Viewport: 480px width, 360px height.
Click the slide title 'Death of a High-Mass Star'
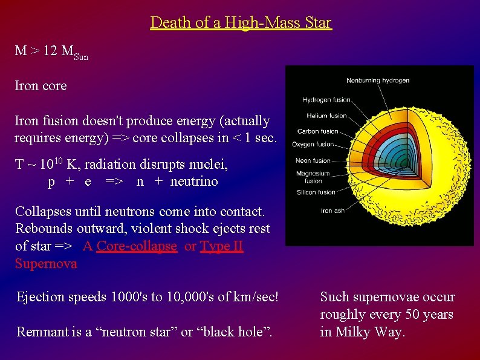(x=241, y=23)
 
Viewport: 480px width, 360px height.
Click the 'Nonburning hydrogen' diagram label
(x=378, y=80)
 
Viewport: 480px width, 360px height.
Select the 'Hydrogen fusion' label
(x=326, y=100)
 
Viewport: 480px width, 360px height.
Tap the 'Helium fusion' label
(x=326, y=116)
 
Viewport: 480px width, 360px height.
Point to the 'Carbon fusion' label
(x=317, y=131)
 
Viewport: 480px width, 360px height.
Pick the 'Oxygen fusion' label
(x=313, y=145)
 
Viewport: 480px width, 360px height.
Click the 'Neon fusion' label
(x=313, y=161)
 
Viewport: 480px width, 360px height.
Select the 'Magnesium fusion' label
(x=313, y=177)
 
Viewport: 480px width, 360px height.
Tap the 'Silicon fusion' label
(x=316, y=192)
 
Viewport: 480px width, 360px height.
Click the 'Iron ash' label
(x=332, y=211)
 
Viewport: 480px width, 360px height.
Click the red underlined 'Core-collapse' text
(x=137, y=247)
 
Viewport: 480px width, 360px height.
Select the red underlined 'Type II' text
(x=221, y=247)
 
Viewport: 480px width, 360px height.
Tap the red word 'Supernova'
(x=46, y=264)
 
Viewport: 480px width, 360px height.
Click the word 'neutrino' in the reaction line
(x=194, y=182)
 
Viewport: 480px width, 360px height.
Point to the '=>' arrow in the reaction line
(x=114, y=182)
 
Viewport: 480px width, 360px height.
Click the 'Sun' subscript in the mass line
(x=80, y=57)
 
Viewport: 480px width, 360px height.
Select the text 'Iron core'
(x=41, y=86)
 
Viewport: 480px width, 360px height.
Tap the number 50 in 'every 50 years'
(x=409, y=315)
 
